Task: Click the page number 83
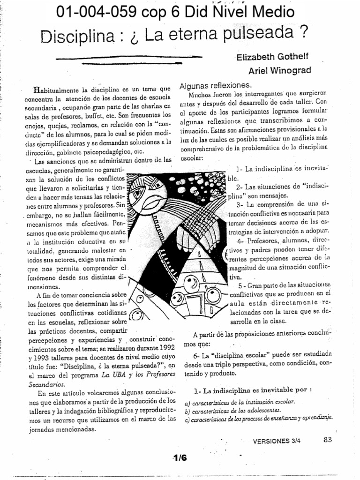click(327, 440)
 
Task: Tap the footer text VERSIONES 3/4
click(277, 441)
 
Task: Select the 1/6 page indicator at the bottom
click(180, 458)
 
